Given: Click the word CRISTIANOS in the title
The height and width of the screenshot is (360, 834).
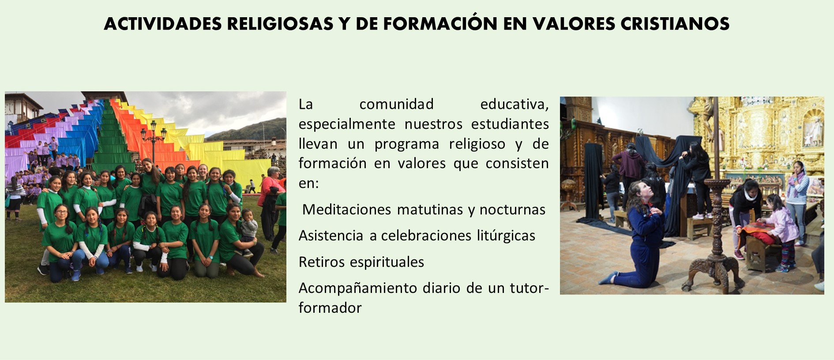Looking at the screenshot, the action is [x=675, y=24].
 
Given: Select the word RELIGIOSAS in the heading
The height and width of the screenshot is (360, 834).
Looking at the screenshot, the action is [x=280, y=24].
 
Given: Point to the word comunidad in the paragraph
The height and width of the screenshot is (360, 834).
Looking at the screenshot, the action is [x=396, y=104].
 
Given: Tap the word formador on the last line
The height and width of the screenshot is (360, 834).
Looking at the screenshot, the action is [x=330, y=308].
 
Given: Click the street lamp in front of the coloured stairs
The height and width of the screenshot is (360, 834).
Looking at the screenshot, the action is [x=154, y=141].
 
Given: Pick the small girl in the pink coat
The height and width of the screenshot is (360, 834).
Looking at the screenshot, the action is [x=781, y=232].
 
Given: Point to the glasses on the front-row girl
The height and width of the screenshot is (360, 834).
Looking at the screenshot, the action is [x=62, y=212].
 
